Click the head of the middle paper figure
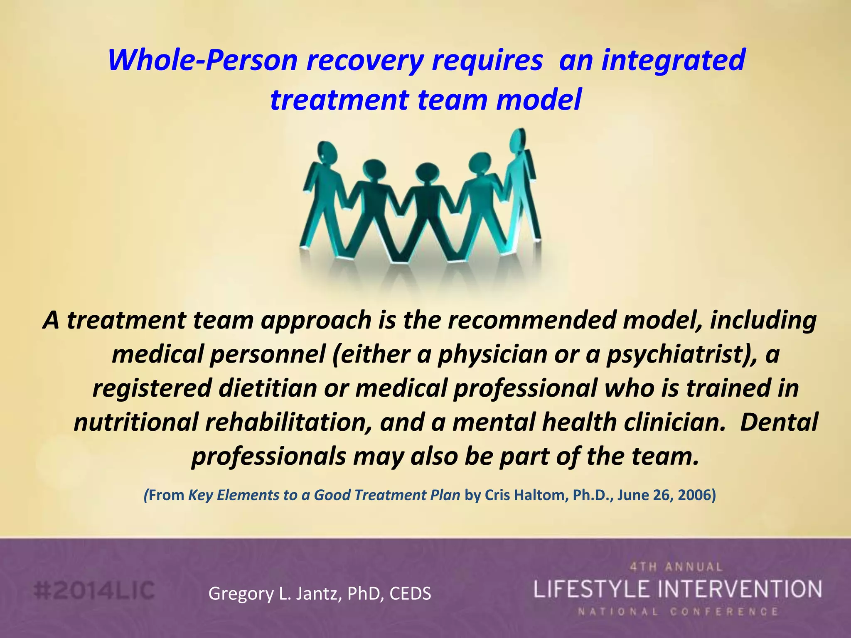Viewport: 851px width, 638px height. (425, 174)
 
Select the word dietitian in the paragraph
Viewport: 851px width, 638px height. (268, 388)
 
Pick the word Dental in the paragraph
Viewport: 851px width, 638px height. (779, 422)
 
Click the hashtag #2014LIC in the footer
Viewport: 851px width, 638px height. (94, 591)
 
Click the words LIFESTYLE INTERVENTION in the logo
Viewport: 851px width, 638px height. (677, 589)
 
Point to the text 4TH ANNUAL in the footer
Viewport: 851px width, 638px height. (676, 567)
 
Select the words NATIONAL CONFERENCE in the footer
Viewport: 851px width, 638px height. (677, 612)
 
